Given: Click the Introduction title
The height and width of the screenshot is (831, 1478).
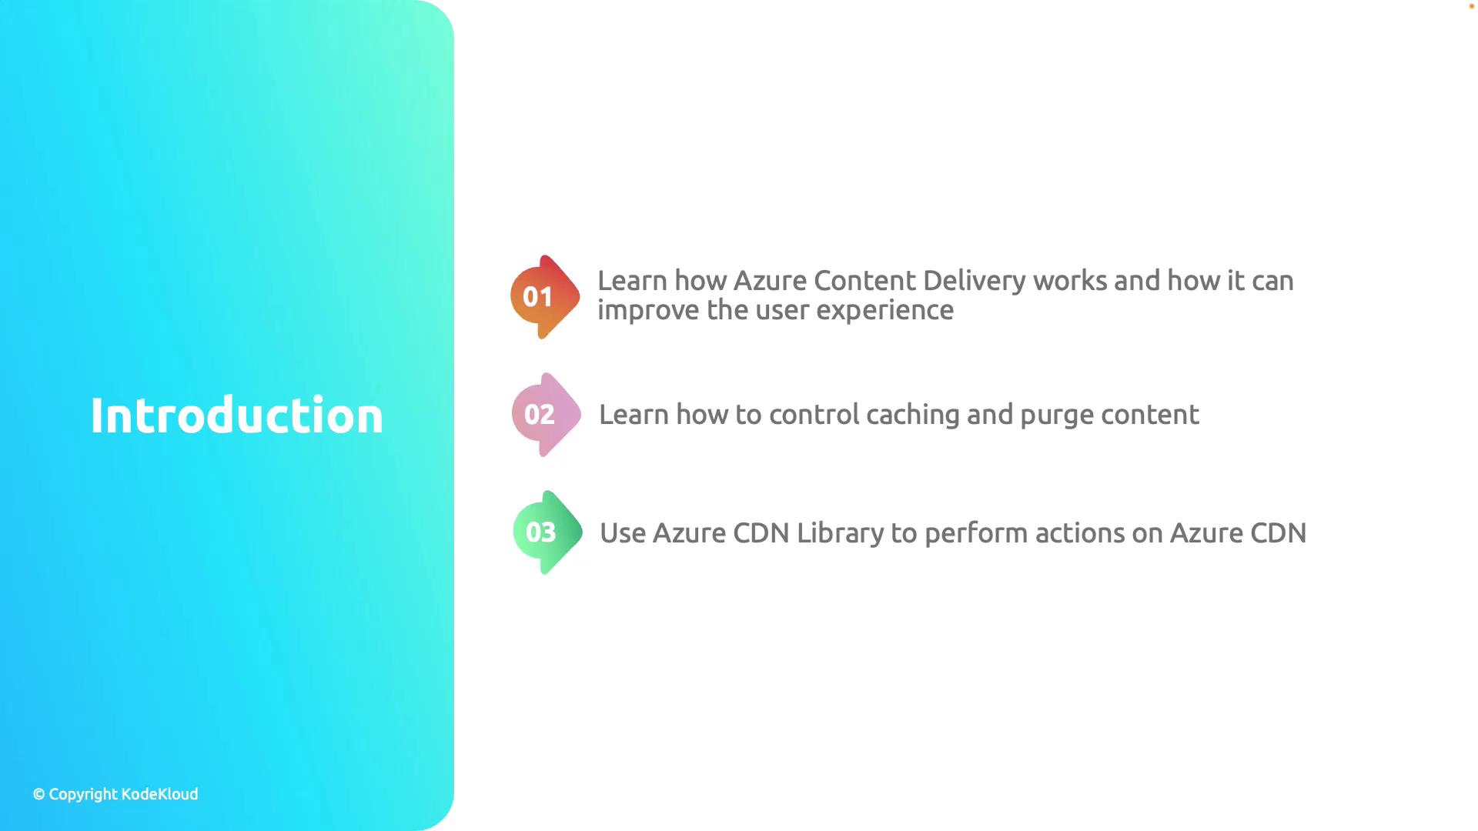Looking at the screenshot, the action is [x=237, y=415].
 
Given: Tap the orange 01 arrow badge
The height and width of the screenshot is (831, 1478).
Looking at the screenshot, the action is [x=545, y=297].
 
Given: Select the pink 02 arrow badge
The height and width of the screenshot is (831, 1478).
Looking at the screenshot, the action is [x=547, y=415].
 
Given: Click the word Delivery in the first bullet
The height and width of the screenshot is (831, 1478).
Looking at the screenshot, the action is [x=974, y=282].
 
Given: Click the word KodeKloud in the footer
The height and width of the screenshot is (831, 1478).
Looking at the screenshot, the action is [x=159, y=794].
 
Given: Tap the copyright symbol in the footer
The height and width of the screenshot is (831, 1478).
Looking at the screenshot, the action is [x=39, y=795].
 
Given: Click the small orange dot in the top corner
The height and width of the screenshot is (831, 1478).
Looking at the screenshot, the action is [x=1472, y=6].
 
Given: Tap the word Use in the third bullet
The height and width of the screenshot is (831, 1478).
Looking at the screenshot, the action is [x=623, y=533].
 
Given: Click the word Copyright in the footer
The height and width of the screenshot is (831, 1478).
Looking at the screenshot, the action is [x=83, y=795].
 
